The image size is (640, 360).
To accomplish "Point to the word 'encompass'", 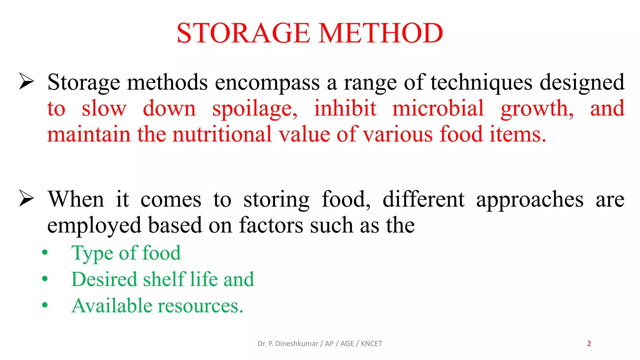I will (x=267, y=82).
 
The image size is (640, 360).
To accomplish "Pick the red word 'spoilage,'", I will (x=255, y=109).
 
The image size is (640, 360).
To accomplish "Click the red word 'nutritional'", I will (x=222, y=134).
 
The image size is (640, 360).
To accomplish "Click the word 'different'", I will (x=424, y=199).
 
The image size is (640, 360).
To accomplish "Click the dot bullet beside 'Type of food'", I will (x=45, y=252).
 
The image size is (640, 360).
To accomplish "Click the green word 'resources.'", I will (x=200, y=306).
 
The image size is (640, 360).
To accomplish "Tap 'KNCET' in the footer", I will (x=371, y=344).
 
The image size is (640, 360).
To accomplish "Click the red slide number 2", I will (x=589, y=344).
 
